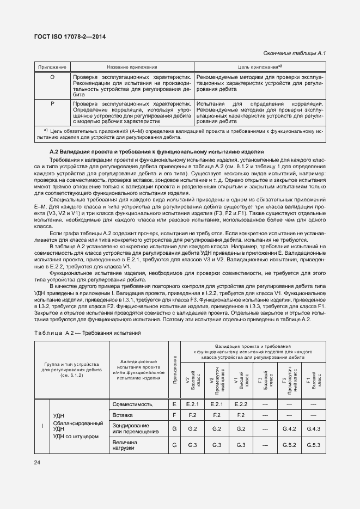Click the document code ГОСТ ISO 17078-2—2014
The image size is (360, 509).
(x=71, y=36)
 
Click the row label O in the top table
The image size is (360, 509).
(x=52, y=77)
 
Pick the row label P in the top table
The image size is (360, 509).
(x=52, y=102)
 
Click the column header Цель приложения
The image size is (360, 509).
(x=259, y=66)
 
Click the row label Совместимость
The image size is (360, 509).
(x=131, y=404)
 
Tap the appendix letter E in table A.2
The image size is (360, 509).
(x=174, y=404)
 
